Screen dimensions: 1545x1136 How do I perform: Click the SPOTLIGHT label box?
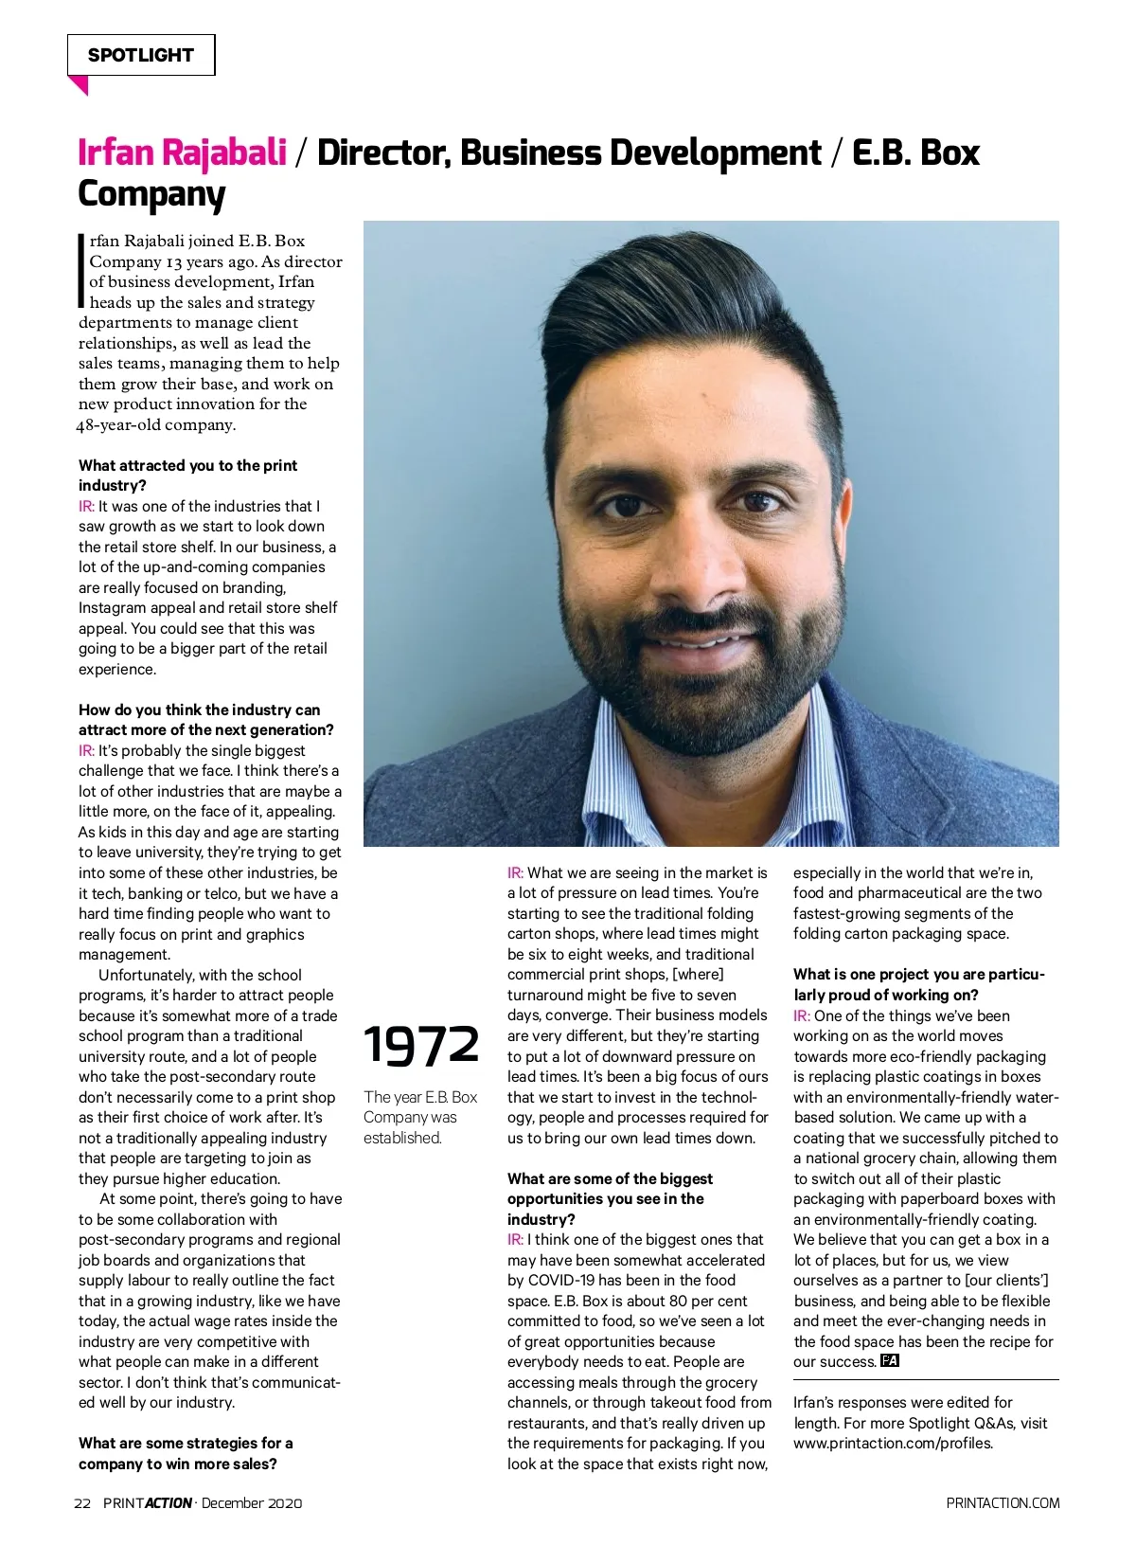coord(141,55)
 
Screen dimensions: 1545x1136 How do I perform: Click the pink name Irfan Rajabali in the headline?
coord(182,153)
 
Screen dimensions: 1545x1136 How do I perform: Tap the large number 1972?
coord(421,1045)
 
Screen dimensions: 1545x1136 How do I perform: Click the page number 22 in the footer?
coord(82,1502)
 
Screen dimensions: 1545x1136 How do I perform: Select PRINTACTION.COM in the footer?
coord(1003,1502)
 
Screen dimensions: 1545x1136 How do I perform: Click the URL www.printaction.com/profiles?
coord(893,1444)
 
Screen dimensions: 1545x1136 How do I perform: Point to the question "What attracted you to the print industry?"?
coord(187,476)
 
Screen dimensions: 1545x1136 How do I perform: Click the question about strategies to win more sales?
coord(186,1453)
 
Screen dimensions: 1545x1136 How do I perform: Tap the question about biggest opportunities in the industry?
coord(610,1198)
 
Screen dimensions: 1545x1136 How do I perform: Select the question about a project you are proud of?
coord(918,984)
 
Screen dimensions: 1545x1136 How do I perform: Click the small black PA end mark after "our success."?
coord(889,1361)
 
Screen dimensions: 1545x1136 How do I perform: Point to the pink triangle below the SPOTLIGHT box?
coord(79,85)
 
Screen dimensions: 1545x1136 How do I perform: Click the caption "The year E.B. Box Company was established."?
coord(420,1117)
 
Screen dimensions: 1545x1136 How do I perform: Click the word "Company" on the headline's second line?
coord(151,193)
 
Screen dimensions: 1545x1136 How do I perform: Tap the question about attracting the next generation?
coord(205,720)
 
